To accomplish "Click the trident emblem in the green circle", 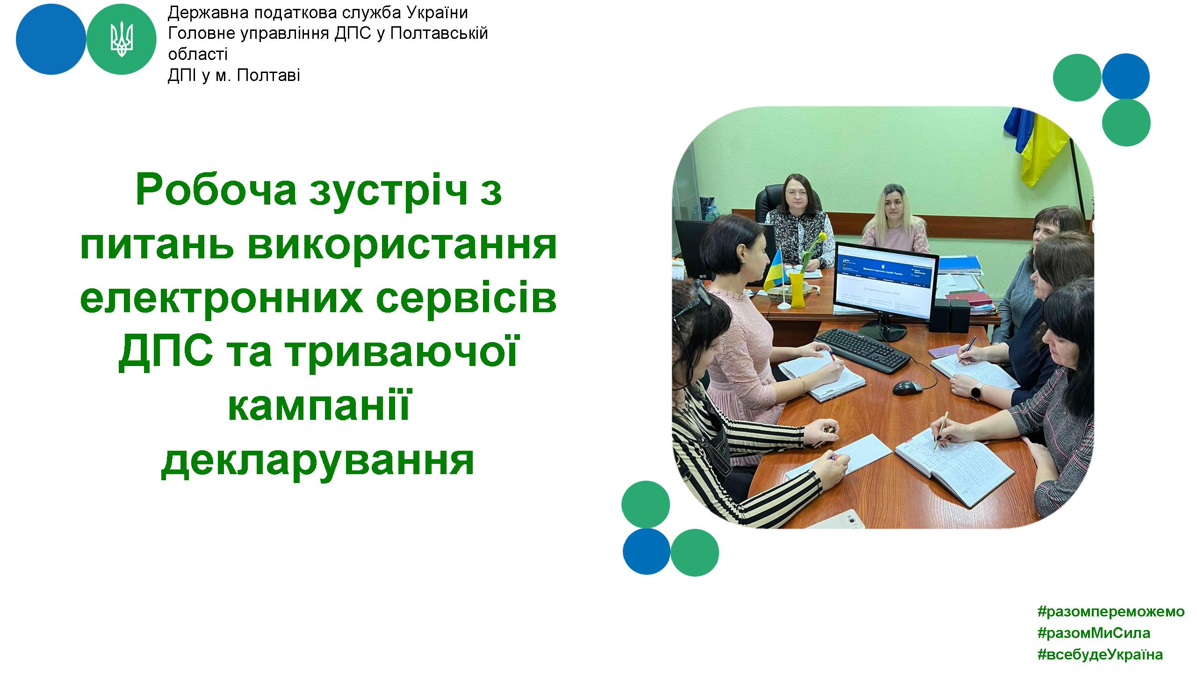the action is (x=122, y=39).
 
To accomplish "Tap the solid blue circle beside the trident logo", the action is (x=51, y=39).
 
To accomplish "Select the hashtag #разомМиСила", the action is (x=1094, y=633).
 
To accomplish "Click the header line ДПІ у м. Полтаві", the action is (x=234, y=75).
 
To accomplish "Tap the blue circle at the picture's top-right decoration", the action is (x=1125, y=77).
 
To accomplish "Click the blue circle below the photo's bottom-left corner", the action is (x=647, y=551).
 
